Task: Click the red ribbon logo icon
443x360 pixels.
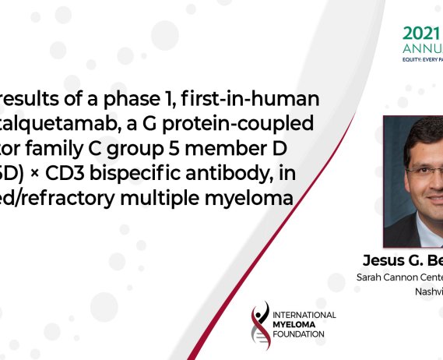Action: [x=261, y=323]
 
